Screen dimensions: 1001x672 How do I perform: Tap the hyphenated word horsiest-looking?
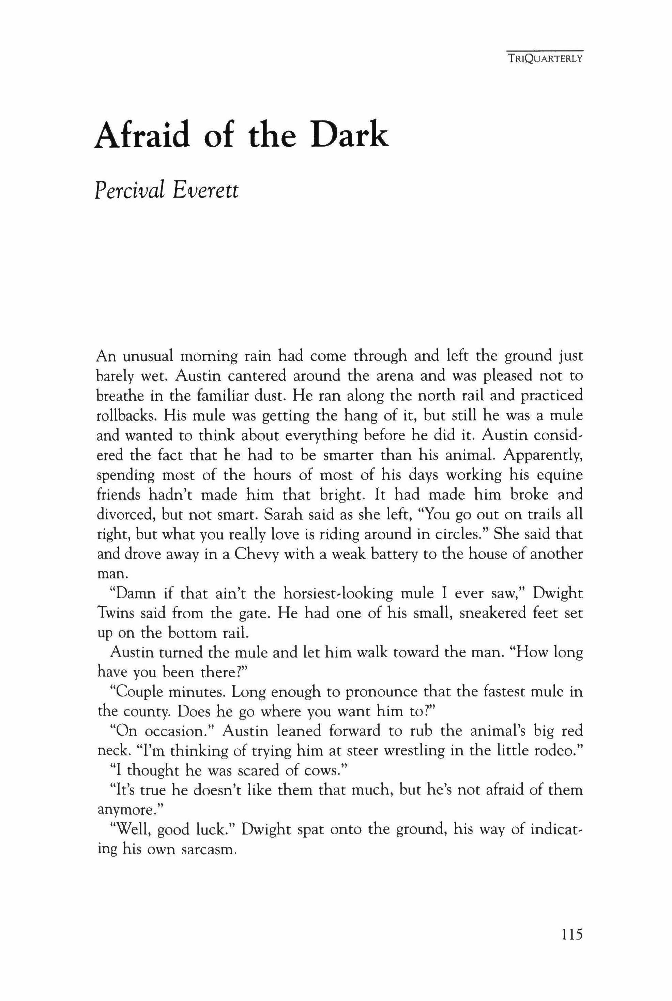point(338,594)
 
